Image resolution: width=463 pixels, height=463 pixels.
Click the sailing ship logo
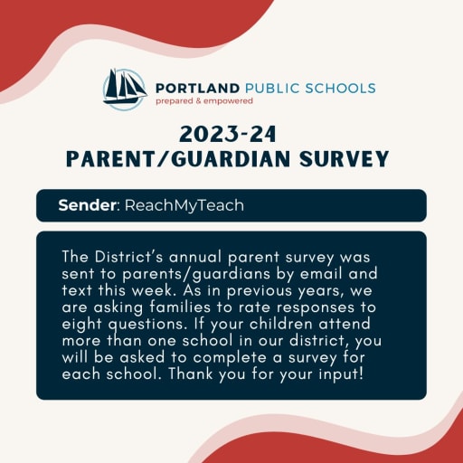pyautogui.click(x=125, y=89)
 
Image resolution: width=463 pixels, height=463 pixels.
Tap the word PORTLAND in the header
pyautogui.click(x=198, y=89)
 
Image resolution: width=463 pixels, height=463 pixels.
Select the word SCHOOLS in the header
pyautogui.click(x=340, y=89)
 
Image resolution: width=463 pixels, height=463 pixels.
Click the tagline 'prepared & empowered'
pyautogui.click(x=204, y=101)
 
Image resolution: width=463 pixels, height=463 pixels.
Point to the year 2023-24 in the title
pyautogui.click(x=228, y=135)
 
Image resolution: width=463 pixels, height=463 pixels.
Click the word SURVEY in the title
pyautogui.click(x=345, y=158)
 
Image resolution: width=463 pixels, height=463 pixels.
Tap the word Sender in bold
pyautogui.click(x=87, y=205)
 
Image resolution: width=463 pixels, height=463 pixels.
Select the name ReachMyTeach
pyautogui.click(x=184, y=205)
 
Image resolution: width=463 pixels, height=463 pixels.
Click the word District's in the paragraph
pyautogui.click(x=128, y=257)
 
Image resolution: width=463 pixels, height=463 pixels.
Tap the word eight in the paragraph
pyautogui.click(x=81, y=325)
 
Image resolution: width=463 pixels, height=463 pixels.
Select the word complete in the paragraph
pyautogui.click(x=230, y=358)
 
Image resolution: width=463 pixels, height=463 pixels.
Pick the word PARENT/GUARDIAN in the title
pyautogui.click(x=178, y=158)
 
